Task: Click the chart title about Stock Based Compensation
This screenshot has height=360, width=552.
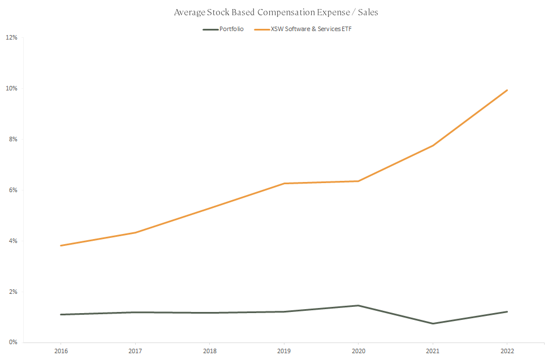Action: [276, 12]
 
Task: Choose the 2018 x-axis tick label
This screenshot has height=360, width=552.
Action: [209, 351]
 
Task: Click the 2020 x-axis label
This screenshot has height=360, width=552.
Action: [358, 351]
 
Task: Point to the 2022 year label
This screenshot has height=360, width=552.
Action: [507, 351]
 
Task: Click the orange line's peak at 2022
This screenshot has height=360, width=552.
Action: [507, 90]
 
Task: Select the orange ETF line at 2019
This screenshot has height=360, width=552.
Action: [284, 183]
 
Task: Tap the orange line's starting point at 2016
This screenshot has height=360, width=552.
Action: [60, 245]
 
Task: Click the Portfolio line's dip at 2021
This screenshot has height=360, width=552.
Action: [433, 323]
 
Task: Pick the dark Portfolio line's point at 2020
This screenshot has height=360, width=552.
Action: [358, 305]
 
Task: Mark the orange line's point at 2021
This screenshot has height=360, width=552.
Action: [433, 146]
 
